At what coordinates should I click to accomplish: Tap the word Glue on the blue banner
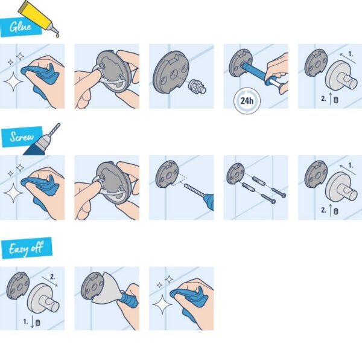pos(21,27)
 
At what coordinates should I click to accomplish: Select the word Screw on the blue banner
pos(22,137)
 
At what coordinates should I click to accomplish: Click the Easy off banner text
pos(26,249)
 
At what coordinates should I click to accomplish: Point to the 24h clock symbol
pos(247,101)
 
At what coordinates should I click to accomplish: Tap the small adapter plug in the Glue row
pos(197,86)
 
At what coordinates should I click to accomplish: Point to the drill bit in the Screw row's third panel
pos(194,190)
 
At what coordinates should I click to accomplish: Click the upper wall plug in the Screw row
pos(259,181)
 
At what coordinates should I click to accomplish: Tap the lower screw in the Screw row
pos(268,199)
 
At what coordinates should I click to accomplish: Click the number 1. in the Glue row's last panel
pos(351,54)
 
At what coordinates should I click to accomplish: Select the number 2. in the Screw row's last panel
pos(323,210)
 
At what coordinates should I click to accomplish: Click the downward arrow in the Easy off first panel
pos(32,322)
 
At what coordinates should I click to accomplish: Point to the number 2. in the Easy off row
pos(52,277)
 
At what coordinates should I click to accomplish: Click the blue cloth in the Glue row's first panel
pos(40,78)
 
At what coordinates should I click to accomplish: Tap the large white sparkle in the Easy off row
pos(162,304)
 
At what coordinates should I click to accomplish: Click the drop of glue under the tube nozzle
pos(57,35)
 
